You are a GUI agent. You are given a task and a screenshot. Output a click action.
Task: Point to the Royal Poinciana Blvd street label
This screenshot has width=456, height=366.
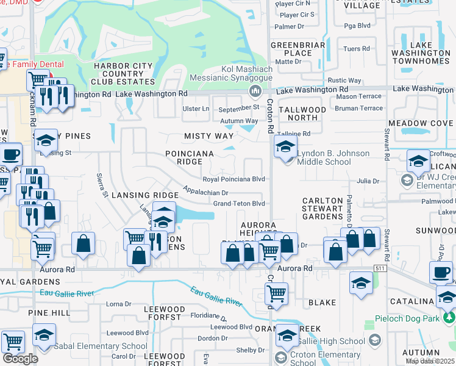click(233, 179)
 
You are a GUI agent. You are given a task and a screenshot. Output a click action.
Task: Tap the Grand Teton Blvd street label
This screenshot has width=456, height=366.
click(238, 203)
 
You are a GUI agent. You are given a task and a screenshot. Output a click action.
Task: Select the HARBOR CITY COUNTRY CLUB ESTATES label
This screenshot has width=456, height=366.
click(117, 74)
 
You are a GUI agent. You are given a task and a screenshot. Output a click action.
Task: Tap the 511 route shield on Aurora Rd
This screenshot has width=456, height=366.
click(381, 268)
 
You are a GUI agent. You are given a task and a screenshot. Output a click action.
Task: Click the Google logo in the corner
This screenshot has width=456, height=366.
click(20, 359)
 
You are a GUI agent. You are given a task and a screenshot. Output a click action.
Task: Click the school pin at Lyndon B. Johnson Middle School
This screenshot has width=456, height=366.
click(285, 146)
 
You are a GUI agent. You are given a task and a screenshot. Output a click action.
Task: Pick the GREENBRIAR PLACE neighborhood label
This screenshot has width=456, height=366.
click(291, 49)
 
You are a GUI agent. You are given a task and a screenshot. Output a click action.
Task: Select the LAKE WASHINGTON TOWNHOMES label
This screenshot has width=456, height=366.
click(421, 53)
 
